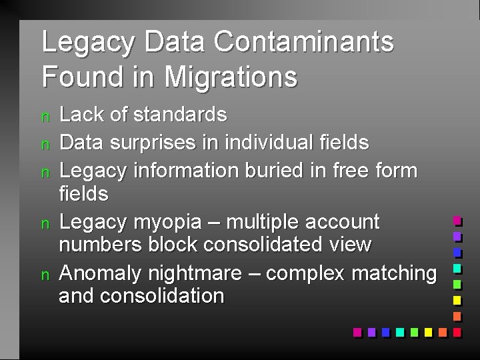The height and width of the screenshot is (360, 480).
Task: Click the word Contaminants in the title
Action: click(x=304, y=42)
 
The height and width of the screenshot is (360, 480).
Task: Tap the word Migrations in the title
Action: click(x=231, y=76)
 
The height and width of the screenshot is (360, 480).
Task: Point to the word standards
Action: click(x=180, y=115)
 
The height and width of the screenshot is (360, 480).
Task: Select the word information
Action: click(x=184, y=171)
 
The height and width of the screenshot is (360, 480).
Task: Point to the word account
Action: click(x=341, y=221)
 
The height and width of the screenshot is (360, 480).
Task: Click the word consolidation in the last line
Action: click(x=162, y=296)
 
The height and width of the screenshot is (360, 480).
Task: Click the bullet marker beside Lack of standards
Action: click(x=45, y=117)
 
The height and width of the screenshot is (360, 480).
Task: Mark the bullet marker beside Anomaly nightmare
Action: click(x=45, y=275)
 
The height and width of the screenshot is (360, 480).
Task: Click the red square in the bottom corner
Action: click(x=457, y=331)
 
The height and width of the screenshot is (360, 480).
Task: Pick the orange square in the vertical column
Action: click(x=457, y=316)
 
